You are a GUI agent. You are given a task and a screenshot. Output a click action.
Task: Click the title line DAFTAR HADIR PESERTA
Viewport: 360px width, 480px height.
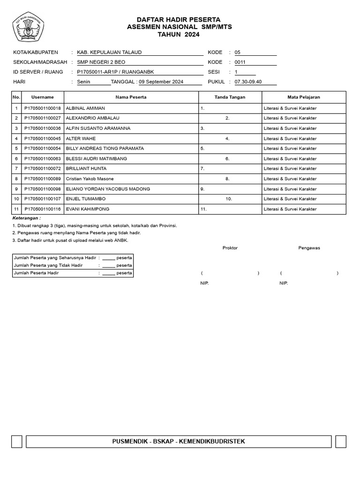point(179,20)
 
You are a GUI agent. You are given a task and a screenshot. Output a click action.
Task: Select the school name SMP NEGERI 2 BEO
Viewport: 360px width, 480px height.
point(101,62)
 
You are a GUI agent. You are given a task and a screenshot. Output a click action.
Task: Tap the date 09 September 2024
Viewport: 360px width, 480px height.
point(161,82)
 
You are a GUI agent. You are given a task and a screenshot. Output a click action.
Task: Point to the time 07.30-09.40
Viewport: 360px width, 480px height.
point(248,82)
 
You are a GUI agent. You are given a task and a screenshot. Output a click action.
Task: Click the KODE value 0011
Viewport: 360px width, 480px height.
point(240,62)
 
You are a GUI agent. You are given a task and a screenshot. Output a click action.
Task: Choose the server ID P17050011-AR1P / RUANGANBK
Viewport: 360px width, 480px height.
point(115,72)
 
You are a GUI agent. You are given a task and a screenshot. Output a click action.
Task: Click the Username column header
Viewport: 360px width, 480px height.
point(43,97)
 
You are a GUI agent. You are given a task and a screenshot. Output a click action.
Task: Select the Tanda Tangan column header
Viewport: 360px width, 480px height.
point(230,97)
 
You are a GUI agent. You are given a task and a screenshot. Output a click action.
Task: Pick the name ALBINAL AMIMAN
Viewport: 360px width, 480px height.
point(85,108)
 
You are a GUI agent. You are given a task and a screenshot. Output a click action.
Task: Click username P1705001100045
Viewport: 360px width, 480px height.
point(43,139)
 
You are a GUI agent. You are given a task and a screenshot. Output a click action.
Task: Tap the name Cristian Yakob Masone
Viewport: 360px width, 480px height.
point(90,179)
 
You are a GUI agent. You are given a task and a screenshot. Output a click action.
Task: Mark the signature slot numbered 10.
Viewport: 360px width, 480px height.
point(229,199)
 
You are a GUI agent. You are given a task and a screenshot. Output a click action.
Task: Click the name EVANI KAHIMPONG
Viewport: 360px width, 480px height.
point(89,210)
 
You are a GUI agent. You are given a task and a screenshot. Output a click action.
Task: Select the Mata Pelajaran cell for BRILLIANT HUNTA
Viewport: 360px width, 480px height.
point(290,169)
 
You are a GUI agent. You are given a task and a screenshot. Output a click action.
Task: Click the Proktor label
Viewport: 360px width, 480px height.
point(230,248)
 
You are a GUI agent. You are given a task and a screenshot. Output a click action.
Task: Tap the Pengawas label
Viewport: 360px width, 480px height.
point(309,248)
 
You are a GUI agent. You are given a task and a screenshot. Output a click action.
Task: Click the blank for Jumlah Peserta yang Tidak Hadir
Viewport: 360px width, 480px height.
point(108,265)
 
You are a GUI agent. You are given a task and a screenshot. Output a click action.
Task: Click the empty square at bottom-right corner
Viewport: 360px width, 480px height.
point(341,442)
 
